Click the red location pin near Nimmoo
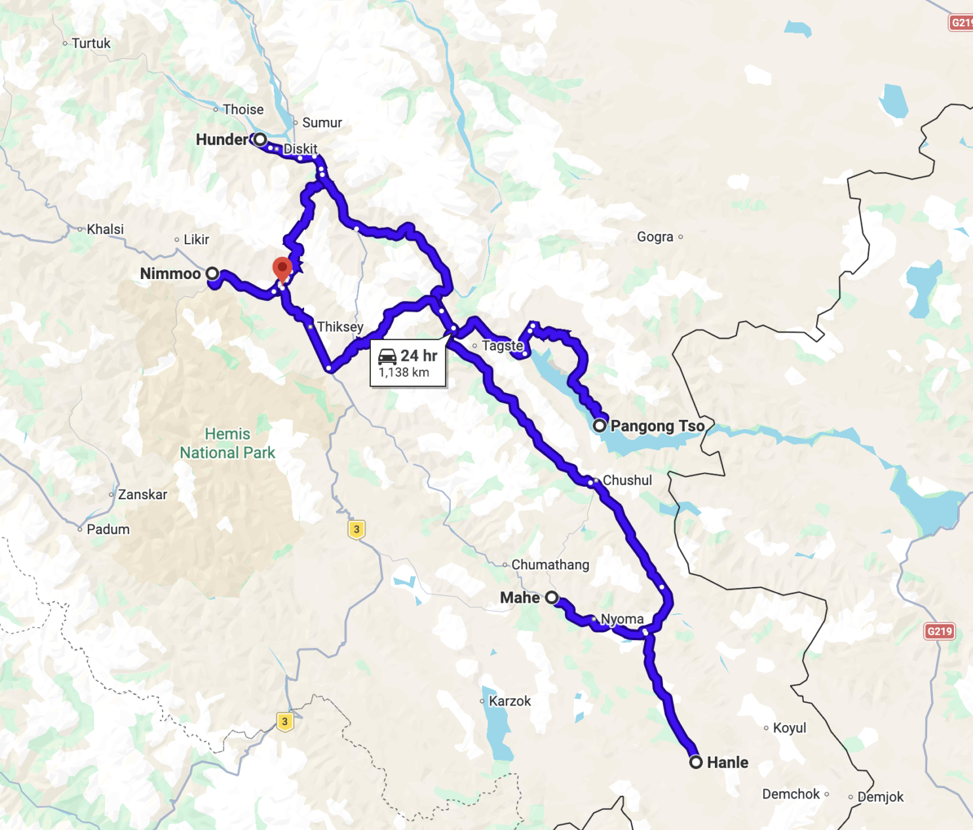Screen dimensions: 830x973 coord(282,268)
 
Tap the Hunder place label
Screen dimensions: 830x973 coord(221,140)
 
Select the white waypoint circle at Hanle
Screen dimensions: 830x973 coord(696,762)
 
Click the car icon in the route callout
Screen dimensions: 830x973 coord(387,356)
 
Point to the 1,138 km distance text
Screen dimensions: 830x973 coord(404,373)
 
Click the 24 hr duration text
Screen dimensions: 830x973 coord(419,356)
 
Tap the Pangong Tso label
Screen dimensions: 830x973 coord(657,426)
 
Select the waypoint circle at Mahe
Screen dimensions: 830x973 coord(552,597)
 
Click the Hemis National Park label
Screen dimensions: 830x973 coord(227,443)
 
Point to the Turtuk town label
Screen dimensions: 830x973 coord(91,43)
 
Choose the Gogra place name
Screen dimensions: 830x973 coord(655,236)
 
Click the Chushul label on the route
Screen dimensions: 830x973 coord(627,480)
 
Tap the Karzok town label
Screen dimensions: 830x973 coord(510,701)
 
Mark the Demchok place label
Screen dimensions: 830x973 coord(791,794)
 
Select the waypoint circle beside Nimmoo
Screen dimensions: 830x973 coord(212,274)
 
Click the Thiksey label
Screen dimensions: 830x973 coord(340,326)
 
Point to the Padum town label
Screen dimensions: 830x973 coord(108,529)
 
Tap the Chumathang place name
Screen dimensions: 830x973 coord(550,565)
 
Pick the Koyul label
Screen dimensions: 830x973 coord(790,728)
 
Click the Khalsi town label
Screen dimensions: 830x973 coord(105,229)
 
